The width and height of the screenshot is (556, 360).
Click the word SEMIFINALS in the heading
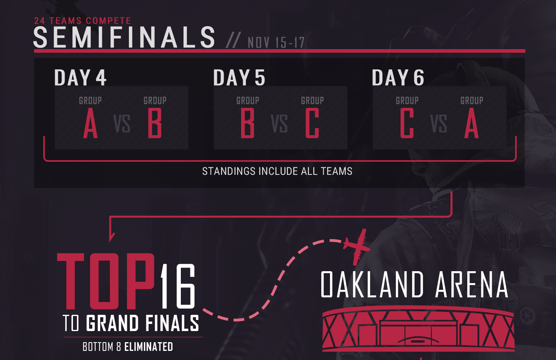click(124, 37)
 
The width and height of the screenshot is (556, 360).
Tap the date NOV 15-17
click(276, 42)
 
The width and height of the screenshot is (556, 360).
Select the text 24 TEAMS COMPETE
click(82, 21)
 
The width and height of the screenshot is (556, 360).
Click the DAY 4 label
click(80, 77)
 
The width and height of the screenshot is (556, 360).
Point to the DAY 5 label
click(239, 77)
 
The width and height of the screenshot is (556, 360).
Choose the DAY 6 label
click(398, 77)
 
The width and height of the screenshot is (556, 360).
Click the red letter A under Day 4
click(90, 123)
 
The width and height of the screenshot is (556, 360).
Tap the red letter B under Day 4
click(155, 123)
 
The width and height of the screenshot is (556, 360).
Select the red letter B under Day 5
click(247, 123)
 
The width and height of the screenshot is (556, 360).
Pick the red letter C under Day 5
click(312, 123)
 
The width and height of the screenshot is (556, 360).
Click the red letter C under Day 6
click(407, 123)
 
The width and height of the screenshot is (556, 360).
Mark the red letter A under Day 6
click(472, 123)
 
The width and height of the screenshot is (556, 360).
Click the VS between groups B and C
click(279, 124)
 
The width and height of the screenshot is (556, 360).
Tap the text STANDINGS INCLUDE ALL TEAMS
click(277, 171)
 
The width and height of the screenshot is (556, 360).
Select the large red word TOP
click(106, 281)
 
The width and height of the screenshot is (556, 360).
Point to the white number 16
click(178, 286)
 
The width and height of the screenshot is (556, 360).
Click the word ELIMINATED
click(148, 347)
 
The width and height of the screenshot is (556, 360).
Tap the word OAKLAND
click(372, 284)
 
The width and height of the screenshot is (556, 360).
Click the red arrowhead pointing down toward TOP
click(111, 236)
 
